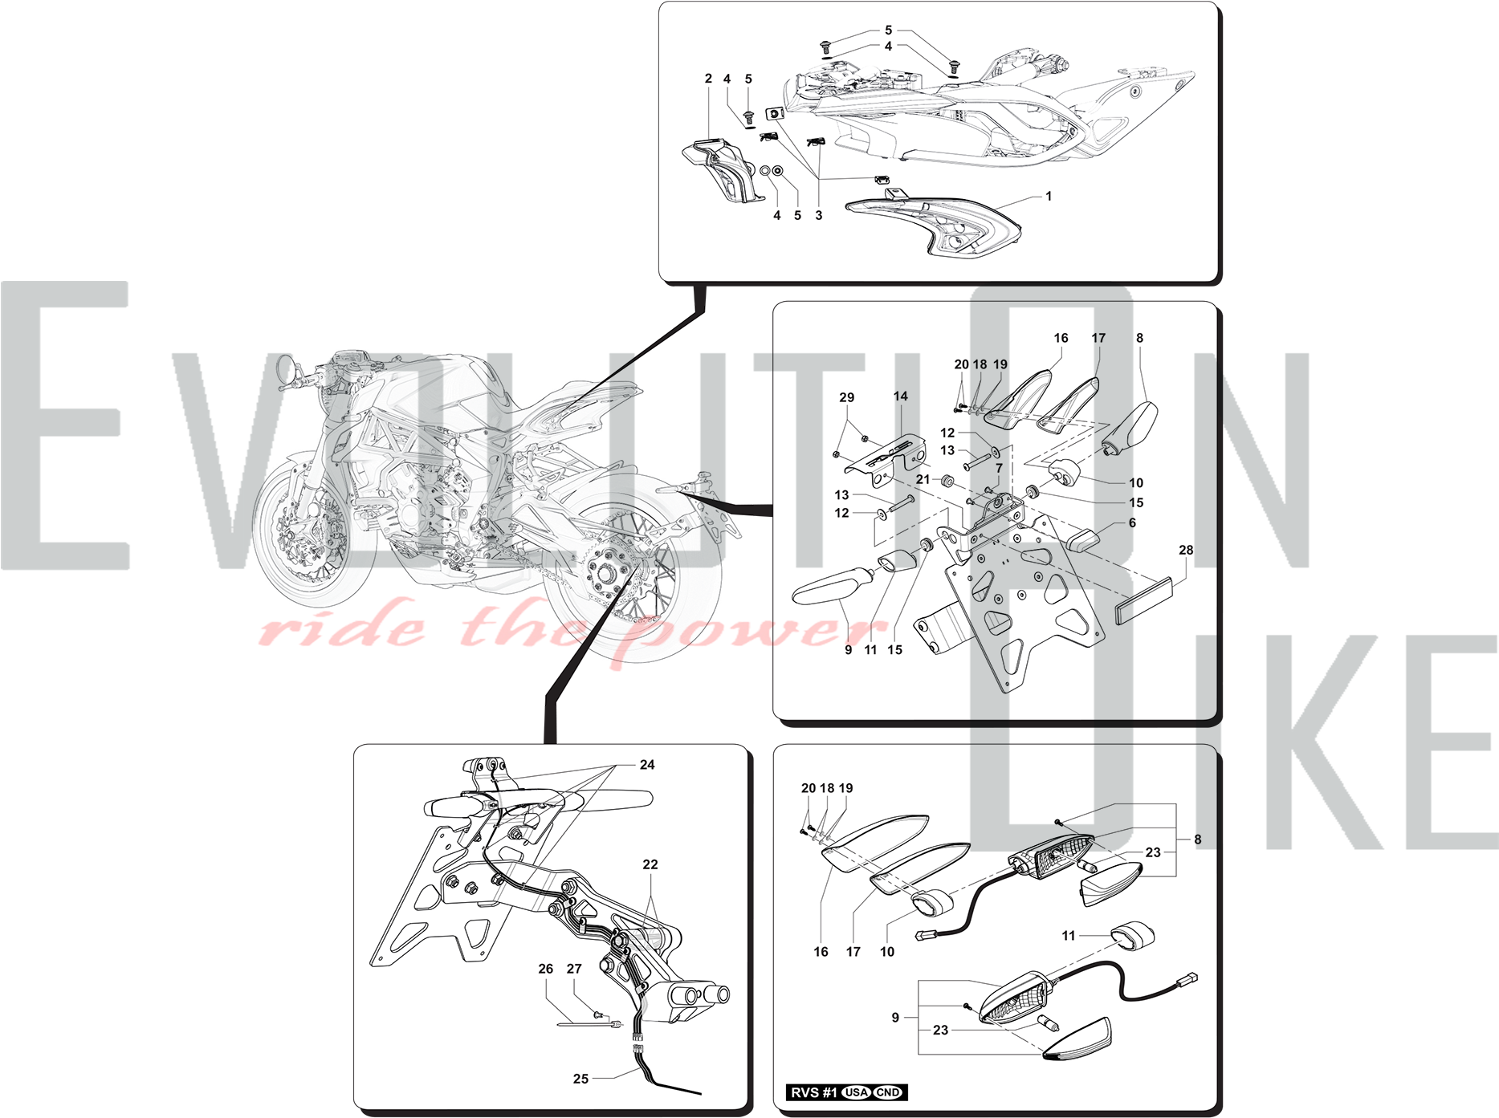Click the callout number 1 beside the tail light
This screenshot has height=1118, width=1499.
click(x=1049, y=196)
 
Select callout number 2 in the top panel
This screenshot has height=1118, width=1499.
click(x=708, y=79)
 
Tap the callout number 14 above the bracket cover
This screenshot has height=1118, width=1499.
click(x=901, y=396)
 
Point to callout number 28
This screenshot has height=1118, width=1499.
click(x=1186, y=551)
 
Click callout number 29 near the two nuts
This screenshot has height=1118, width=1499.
click(x=847, y=398)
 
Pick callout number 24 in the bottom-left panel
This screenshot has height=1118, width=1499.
click(x=647, y=765)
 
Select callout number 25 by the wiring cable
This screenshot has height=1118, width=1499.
click(x=580, y=1079)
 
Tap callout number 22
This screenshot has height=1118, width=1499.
click(x=650, y=864)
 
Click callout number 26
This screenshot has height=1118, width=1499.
click(x=546, y=969)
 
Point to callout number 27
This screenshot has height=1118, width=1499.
click(x=574, y=969)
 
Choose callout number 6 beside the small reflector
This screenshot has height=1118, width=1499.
click(x=1132, y=522)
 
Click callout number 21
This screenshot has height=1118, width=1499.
click(x=923, y=479)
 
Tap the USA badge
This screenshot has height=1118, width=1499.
click(x=857, y=1092)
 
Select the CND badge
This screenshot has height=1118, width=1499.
click(x=888, y=1092)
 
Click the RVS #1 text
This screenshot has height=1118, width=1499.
click(x=814, y=1092)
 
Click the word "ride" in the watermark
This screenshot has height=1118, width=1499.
click(x=342, y=627)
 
